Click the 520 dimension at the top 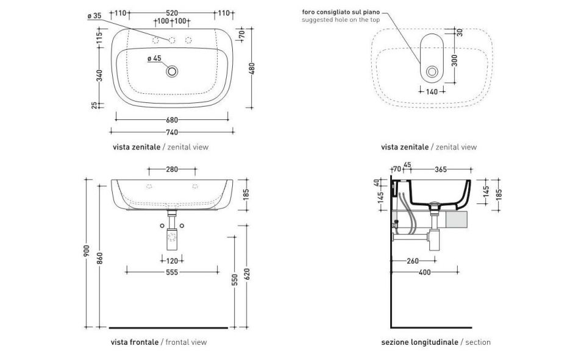[172, 13]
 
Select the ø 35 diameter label [94, 16]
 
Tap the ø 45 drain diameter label [154, 58]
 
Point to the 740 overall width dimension [172, 132]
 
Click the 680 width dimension [172, 120]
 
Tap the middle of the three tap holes [172, 41]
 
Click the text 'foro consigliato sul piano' [340, 12]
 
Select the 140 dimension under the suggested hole [432, 91]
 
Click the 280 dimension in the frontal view [172, 169]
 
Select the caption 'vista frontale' [135, 342]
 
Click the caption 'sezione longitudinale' [419, 342]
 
